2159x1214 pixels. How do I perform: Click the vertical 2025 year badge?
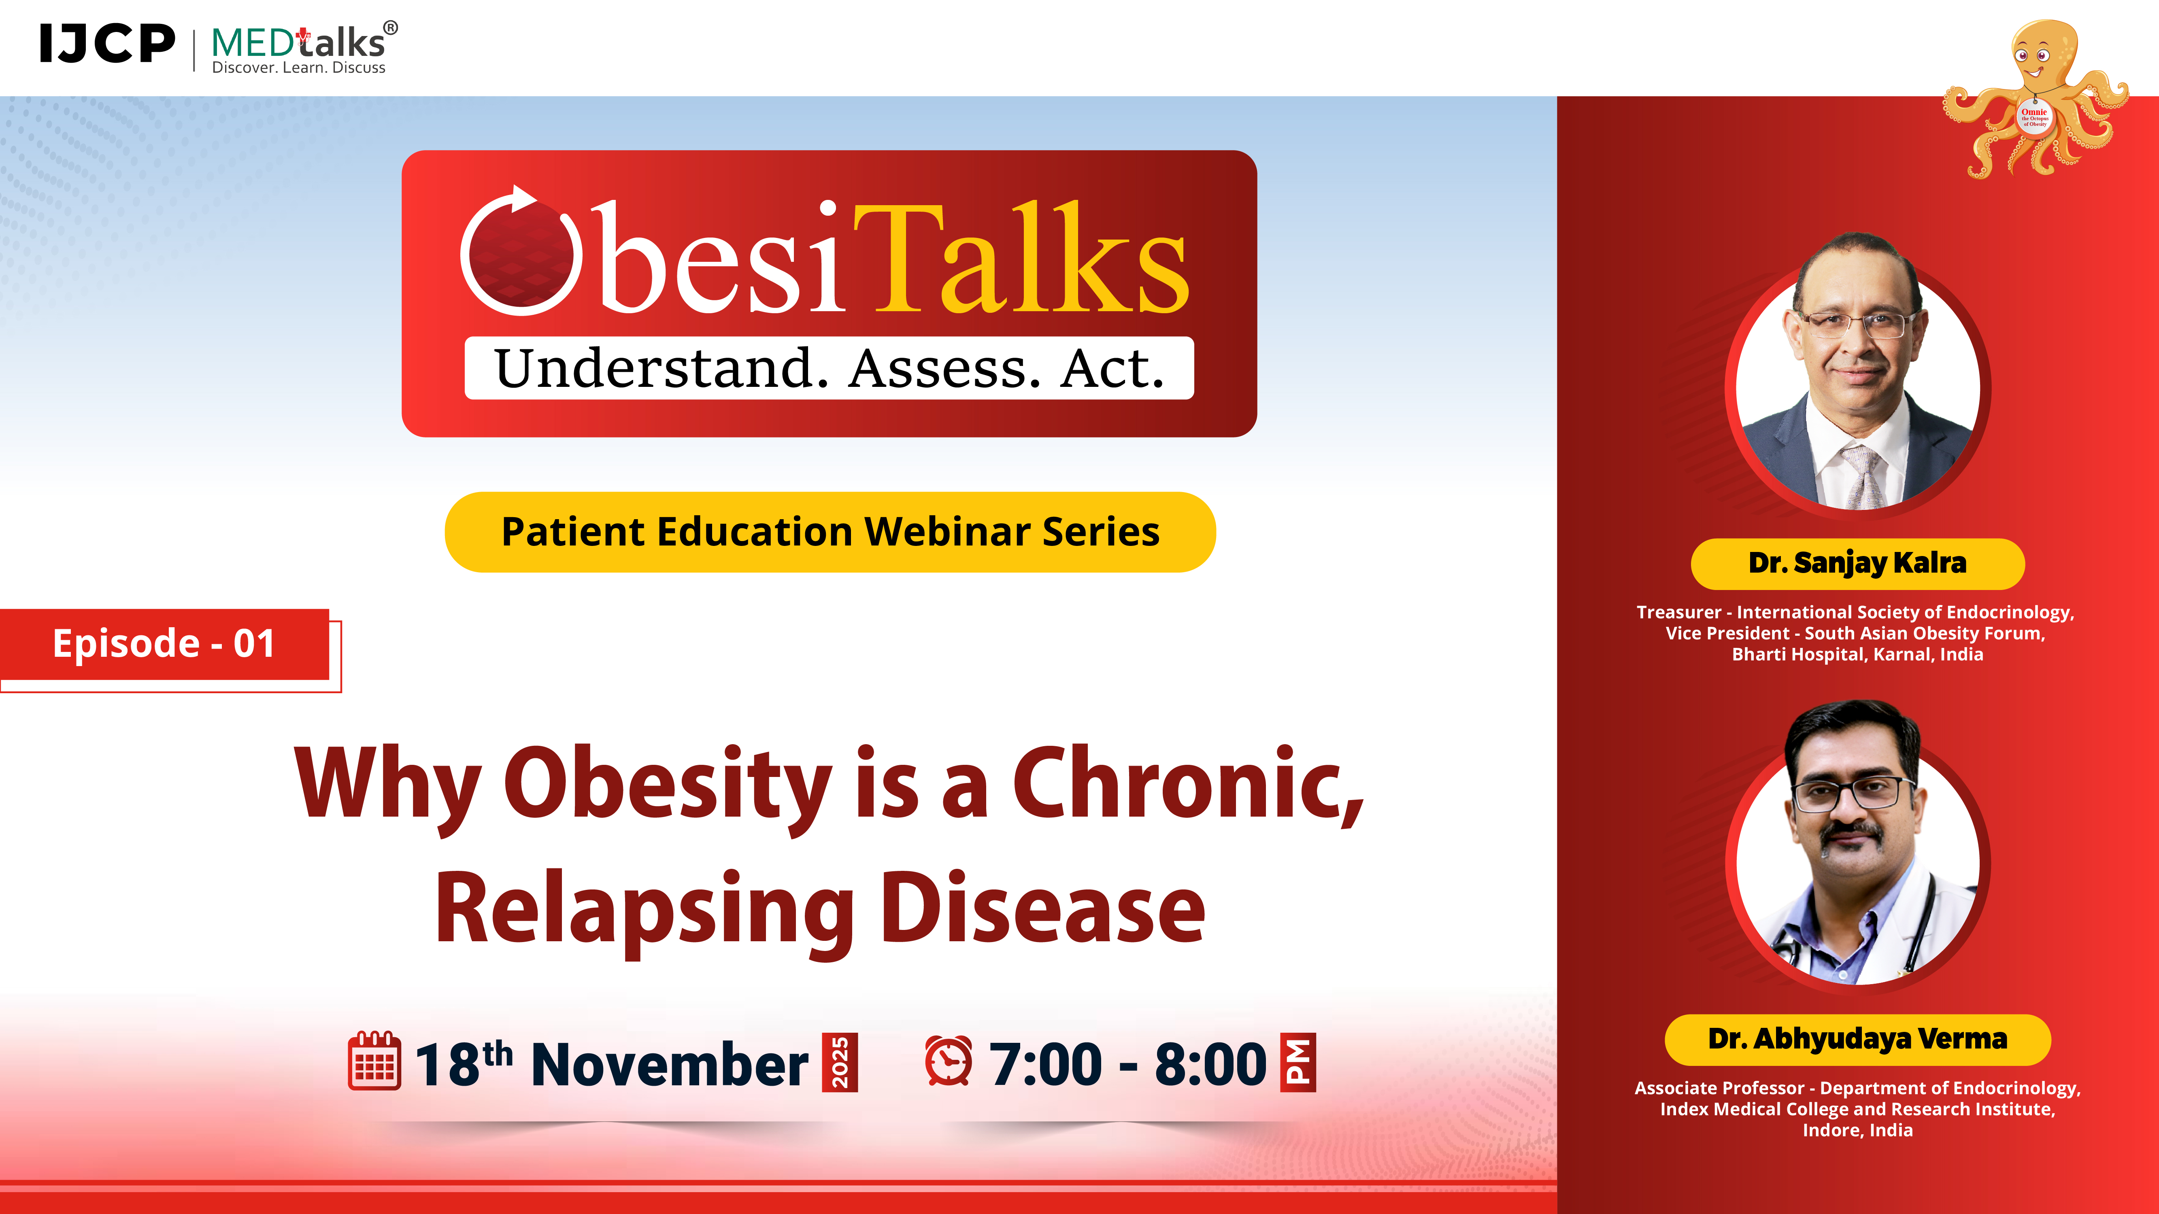pyautogui.click(x=840, y=1062)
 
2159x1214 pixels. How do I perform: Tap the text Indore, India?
pyautogui.click(x=1857, y=1130)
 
